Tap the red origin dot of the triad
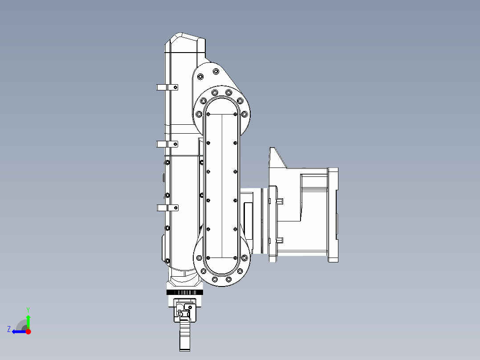28,331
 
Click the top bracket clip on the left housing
167,87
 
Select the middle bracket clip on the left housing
167,144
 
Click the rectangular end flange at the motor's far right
333,214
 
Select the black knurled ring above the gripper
185,292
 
